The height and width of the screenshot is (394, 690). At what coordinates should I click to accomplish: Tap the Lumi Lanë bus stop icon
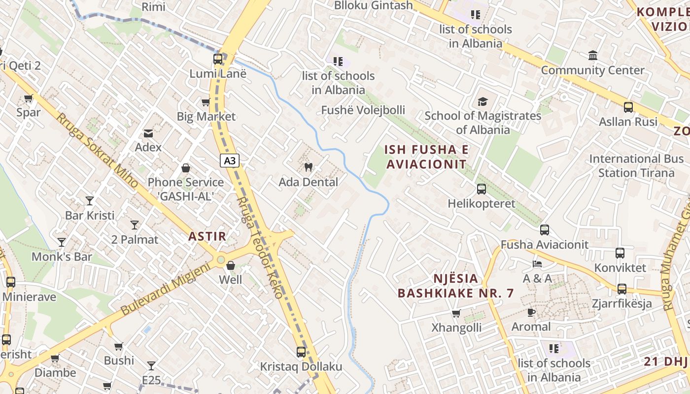tap(218, 59)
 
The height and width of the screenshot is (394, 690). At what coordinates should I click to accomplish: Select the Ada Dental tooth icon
tap(309, 167)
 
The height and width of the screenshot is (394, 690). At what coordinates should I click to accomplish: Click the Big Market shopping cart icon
tap(206, 102)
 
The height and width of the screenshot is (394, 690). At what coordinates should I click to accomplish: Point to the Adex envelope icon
tap(148, 133)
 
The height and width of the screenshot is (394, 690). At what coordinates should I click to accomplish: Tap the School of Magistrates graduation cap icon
tap(483, 101)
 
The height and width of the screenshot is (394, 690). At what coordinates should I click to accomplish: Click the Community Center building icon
tap(592, 55)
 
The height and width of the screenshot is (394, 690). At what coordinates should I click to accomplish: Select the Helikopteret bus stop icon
tap(482, 189)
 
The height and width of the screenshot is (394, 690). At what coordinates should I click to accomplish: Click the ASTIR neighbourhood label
tap(207, 236)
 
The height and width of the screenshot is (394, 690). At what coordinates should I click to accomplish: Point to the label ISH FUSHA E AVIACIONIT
tap(426, 157)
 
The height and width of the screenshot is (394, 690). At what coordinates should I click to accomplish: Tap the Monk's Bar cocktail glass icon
tap(62, 242)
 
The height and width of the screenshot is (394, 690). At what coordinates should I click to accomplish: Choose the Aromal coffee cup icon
tap(531, 312)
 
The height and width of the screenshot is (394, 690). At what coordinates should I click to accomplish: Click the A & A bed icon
tap(537, 264)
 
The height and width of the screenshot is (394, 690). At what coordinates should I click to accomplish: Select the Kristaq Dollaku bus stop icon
tap(301, 352)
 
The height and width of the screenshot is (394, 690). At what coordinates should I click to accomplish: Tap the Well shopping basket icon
tap(230, 265)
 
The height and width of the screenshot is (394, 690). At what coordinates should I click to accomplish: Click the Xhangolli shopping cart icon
tap(456, 313)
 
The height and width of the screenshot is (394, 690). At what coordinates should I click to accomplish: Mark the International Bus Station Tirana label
tap(636, 166)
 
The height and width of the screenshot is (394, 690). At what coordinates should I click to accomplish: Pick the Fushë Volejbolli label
tap(363, 110)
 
